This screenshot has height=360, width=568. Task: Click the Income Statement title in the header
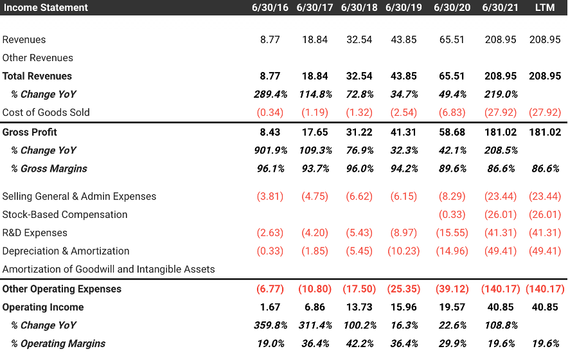tap(46, 8)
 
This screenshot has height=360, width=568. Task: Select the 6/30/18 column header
tap(359, 8)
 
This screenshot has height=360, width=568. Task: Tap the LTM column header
tap(545, 8)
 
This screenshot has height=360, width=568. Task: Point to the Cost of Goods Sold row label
tap(46, 113)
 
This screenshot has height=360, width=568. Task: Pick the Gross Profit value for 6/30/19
tap(404, 132)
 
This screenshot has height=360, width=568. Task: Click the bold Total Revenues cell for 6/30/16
tap(270, 76)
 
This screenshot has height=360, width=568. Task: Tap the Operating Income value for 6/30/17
tap(315, 307)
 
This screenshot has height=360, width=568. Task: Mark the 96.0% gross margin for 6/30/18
tap(359, 168)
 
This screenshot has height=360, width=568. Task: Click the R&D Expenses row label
tap(35, 233)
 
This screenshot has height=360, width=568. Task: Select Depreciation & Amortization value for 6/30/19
tap(404, 251)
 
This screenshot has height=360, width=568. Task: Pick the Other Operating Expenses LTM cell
tap(545, 289)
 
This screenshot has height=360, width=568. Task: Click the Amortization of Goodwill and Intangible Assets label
tap(109, 269)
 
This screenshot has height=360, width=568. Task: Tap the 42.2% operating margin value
tap(359, 344)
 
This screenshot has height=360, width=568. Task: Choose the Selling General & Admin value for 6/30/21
tap(500, 197)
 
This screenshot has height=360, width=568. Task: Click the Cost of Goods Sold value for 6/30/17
tap(315, 113)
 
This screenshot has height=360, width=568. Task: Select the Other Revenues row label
tap(38, 58)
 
